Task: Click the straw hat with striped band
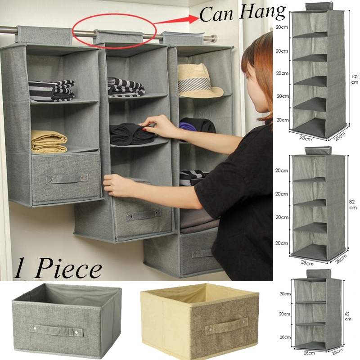(x=198, y=81)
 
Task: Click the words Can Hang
(x=243, y=13)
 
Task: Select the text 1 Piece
(x=57, y=270)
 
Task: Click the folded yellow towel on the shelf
(x=49, y=141)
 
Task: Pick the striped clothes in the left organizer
(x=51, y=90)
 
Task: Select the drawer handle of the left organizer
(x=63, y=179)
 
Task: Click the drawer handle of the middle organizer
(x=144, y=215)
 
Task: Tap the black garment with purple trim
(x=197, y=126)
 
